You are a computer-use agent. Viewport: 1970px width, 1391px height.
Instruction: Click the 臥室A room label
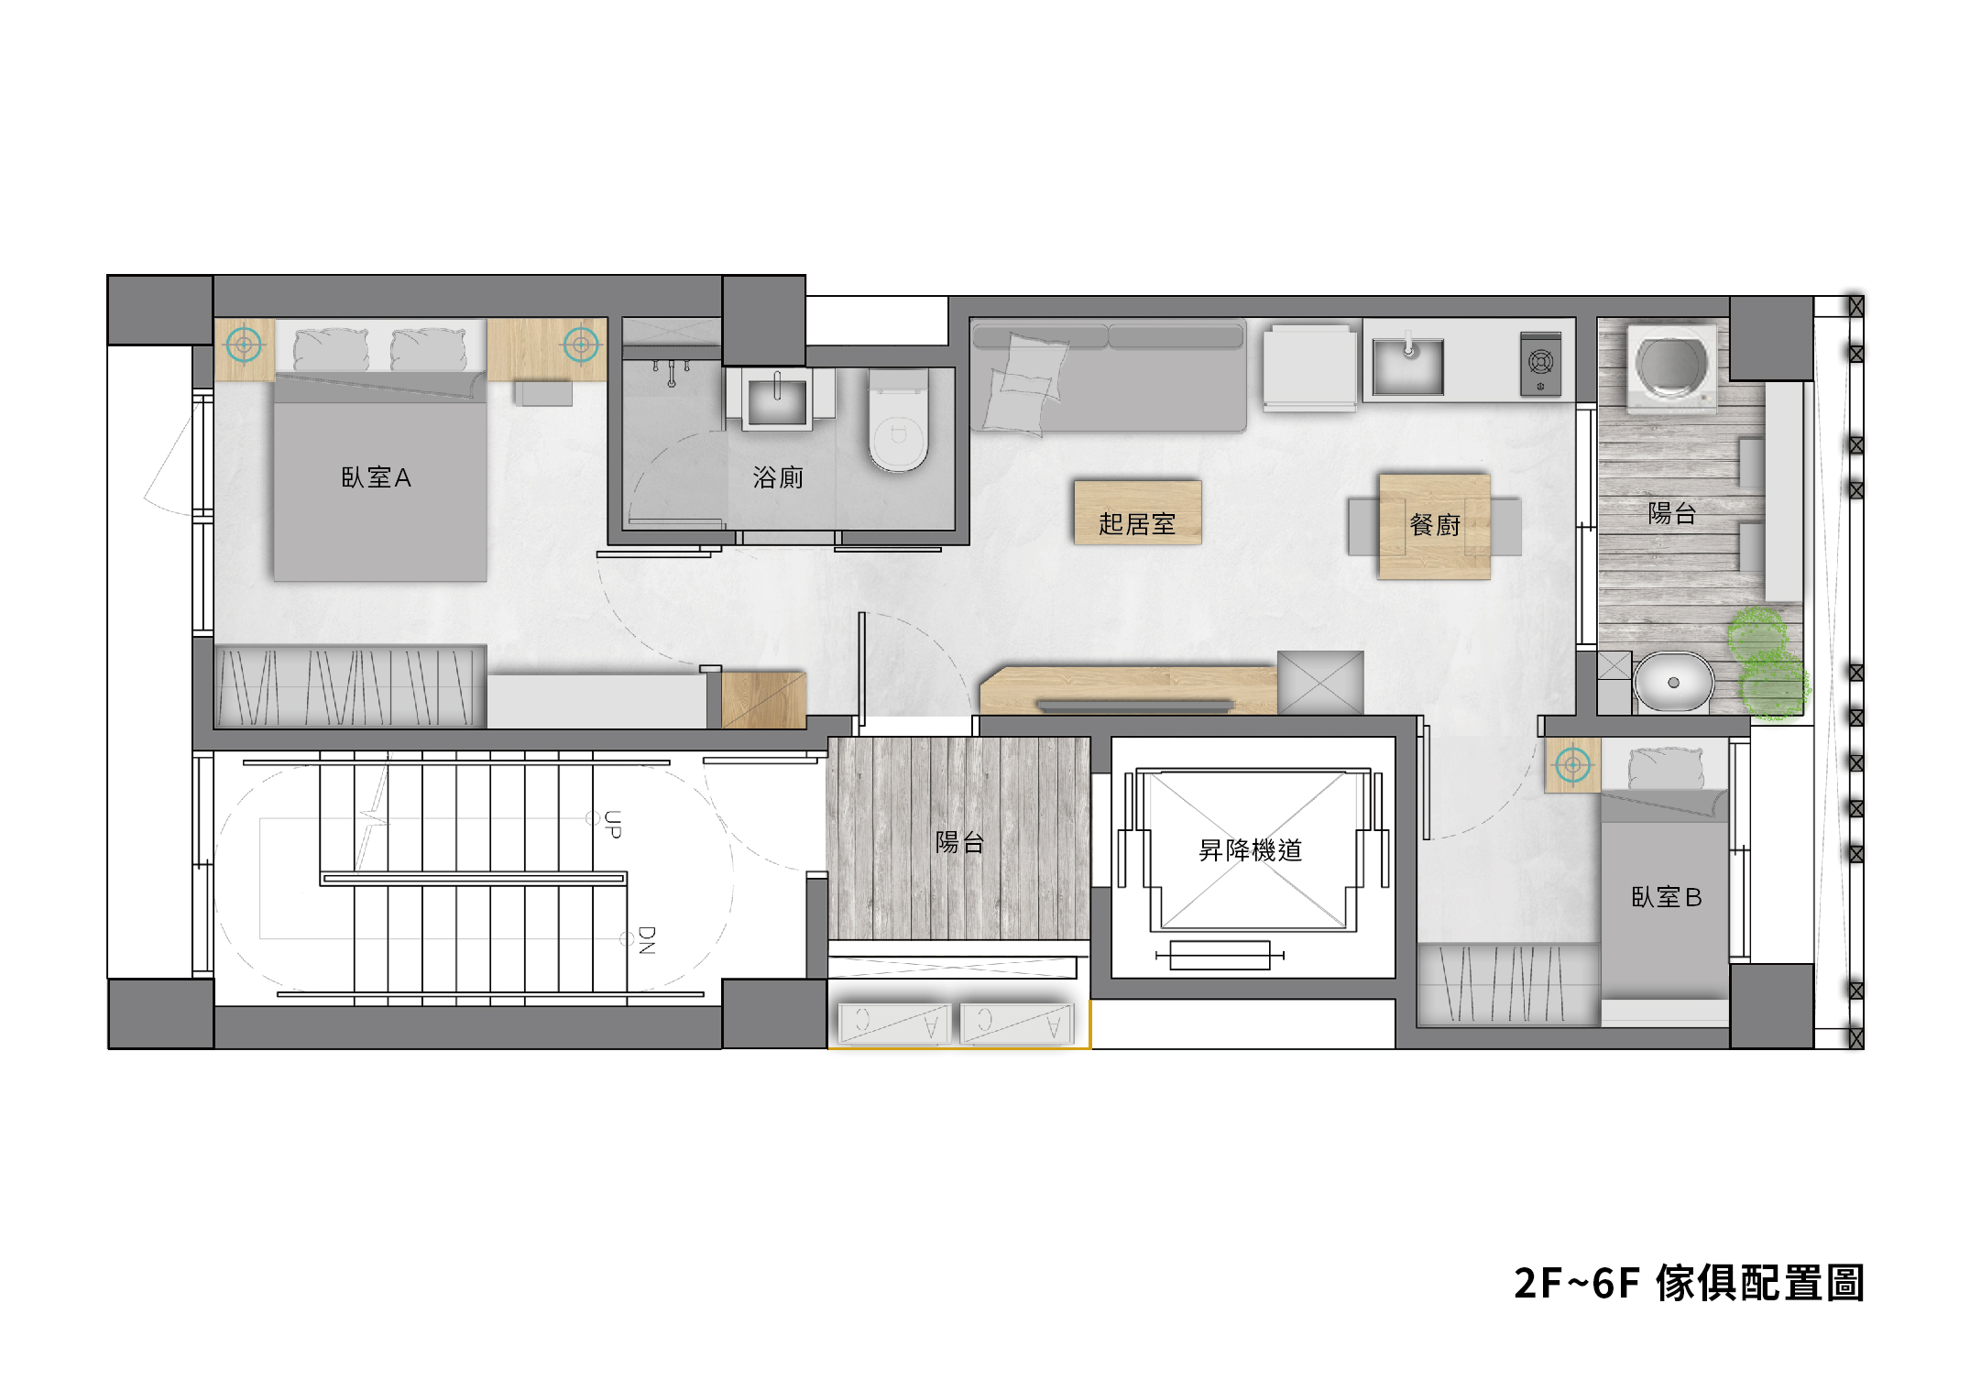coord(376,477)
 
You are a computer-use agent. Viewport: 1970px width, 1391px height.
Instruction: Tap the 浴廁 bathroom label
coord(778,477)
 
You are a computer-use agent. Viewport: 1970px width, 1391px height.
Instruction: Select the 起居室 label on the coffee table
coord(1137,524)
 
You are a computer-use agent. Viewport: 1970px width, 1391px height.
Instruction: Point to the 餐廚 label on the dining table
coord(1435,525)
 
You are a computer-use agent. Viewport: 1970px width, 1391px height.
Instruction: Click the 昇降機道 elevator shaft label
coord(1251,850)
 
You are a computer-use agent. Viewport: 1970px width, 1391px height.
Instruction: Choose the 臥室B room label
coord(1667,897)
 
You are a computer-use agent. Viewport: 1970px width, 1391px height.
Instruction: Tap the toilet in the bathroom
coord(898,420)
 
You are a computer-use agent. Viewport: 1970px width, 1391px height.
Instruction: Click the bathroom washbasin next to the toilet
coord(778,400)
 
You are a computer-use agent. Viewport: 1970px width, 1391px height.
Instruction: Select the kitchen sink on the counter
coord(1408,366)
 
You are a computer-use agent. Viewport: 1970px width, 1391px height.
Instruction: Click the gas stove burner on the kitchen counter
coord(1541,364)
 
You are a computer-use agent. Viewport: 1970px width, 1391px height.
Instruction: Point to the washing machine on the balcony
coord(1672,366)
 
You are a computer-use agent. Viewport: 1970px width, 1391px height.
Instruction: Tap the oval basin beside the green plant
coord(1673,682)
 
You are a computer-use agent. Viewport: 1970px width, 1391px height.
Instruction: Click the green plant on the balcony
coord(1768,663)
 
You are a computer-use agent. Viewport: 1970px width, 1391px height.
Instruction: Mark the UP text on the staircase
coord(612,825)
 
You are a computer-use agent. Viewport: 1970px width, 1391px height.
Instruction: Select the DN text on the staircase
coord(646,940)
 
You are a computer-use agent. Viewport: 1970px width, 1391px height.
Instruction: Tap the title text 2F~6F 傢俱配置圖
coord(1689,1283)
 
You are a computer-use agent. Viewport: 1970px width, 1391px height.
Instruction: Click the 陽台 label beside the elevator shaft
coord(959,842)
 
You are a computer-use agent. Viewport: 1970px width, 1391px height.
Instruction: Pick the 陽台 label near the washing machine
coord(1672,513)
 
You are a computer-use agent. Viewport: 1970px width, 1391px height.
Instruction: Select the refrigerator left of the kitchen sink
coord(1309,367)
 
